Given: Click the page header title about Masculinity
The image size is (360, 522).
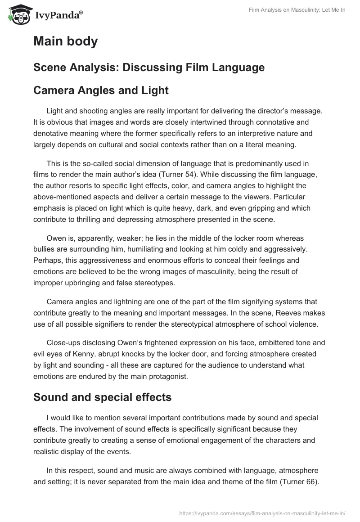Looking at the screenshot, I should (x=297, y=10).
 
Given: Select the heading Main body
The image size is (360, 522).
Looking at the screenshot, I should (x=65, y=41).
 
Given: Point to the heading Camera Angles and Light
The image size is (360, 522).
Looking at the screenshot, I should (x=101, y=90).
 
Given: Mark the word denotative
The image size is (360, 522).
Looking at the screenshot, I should (x=50, y=134).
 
